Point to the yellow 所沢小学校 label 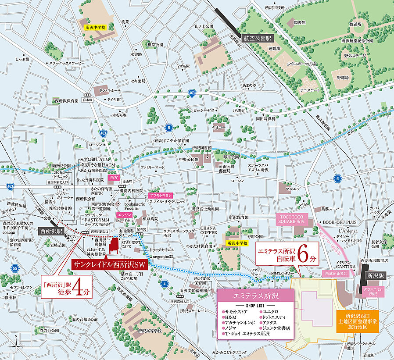237,243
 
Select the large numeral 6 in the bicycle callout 304,255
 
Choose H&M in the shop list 231,317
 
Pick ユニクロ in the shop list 271,311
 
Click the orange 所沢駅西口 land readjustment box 358,321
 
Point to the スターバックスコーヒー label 67,63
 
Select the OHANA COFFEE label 209,230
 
